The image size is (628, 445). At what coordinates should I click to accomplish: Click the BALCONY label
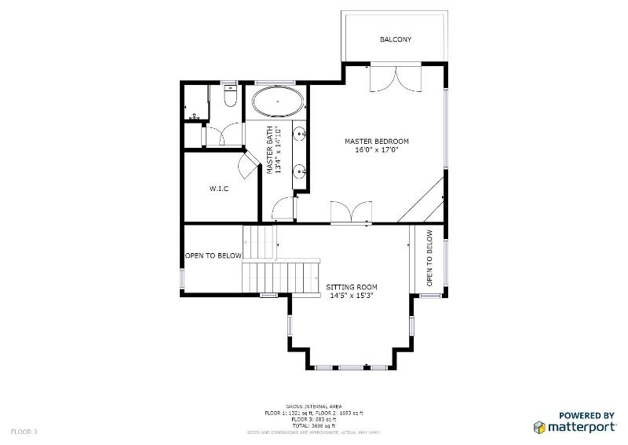click(x=396, y=39)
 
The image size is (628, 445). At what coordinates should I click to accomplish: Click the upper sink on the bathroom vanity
click(x=300, y=136)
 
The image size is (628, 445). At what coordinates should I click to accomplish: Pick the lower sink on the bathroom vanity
click(x=300, y=170)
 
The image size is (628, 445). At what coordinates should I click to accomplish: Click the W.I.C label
click(x=218, y=189)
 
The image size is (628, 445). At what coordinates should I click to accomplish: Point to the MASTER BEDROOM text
click(x=377, y=142)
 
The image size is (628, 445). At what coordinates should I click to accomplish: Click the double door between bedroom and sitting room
click(x=350, y=214)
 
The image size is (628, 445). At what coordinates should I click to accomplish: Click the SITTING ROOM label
click(x=352, y=287)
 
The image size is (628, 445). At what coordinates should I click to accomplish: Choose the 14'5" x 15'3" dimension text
click(x=352, y=296)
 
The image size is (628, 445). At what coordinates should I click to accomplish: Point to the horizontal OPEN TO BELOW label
click(x=213, y=256)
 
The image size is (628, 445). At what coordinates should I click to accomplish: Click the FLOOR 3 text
click(x=24, y=432)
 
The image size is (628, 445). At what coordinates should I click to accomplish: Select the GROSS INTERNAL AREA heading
click(x=313, y=406)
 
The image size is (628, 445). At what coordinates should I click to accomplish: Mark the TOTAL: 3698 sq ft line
click(x=313, y=425)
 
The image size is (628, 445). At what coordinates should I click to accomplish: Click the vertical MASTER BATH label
click(x=273, y=149)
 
